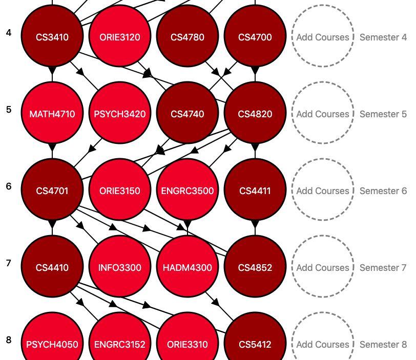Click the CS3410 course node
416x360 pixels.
point(52,36)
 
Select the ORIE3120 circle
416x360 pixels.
point(120,36)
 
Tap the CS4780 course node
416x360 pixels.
point(188,36)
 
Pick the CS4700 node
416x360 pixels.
point(255,36)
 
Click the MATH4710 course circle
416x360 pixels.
point(52,113)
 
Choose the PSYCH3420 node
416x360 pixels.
point(120,113)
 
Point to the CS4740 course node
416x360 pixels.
point(188,113)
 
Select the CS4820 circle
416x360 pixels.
point(255,113)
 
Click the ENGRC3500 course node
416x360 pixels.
point(188,189)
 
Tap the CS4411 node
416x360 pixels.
point(255,189)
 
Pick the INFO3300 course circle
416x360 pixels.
point(120,266)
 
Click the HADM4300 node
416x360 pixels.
point(188,266)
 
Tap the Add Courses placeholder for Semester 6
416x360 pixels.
point(323,189)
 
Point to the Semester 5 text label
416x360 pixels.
point(383,114)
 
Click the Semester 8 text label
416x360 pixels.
point(383,344)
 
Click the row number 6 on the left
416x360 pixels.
point(9,186)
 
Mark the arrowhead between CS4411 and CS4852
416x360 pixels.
point(255,224)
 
